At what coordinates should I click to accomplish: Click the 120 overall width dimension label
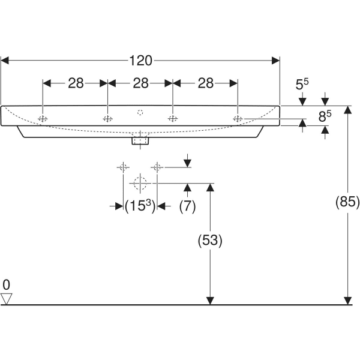[140, 60]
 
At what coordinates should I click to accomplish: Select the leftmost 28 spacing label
[75, 83]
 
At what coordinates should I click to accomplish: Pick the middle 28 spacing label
[140, 83]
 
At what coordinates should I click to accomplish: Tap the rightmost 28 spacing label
[205, 83]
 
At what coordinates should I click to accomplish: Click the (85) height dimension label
[347, 203]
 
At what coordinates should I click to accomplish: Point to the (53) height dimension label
[210, 241]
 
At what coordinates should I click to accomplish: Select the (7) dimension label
[188, 206]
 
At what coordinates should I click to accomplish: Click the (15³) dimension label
[140, 206]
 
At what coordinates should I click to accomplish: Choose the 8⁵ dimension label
[324, 115]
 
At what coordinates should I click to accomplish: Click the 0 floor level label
[6, 284]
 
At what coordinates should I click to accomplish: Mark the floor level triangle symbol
[7, 298]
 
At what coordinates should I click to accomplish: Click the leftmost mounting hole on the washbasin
[43, 119]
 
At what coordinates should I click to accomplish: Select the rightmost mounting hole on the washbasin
[238, 119]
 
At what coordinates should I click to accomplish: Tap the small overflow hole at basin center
[140, 112]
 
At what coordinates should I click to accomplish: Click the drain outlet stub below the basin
[140, 141]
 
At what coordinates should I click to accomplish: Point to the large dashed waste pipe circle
[140, 183]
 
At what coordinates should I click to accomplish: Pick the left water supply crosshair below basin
[124, 167]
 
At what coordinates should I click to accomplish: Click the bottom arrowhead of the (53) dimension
[210, 300]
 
